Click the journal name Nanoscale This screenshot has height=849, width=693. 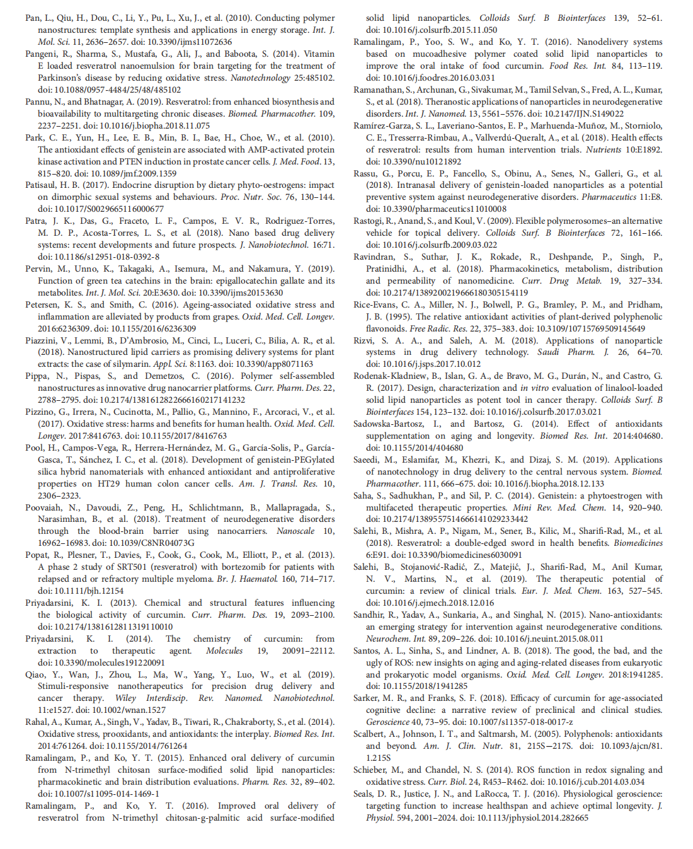click(x=295, y=531)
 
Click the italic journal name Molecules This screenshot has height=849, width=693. click(x=224, y=651)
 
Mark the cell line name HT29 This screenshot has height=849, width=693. click(x=107, y=484)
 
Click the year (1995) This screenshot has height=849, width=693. click(x=397, y=317)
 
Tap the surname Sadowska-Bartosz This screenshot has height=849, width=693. click(x=389, y=424)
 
